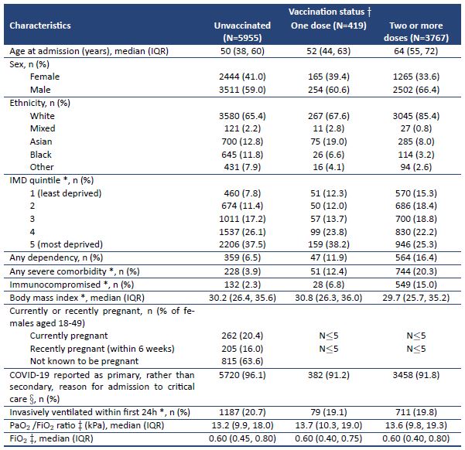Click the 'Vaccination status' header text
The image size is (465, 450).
point(327,12)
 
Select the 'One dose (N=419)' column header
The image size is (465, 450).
point(329,26)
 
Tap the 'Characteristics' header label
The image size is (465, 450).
point(40,26)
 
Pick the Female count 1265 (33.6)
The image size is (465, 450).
point(416,77)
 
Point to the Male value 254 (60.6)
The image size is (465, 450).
point(329,90)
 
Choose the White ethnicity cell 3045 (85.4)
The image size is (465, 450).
point(416,116)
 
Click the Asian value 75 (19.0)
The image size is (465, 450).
point(329,141)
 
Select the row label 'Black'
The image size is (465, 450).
point(41,155)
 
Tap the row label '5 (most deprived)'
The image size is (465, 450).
point(66,244)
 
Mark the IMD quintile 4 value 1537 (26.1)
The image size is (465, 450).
point(242,232)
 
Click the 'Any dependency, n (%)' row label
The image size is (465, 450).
point(56,257)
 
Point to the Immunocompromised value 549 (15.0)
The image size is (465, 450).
point(416,285)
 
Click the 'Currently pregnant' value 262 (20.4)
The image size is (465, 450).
point(242,336)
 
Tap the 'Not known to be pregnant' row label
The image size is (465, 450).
point(84,361)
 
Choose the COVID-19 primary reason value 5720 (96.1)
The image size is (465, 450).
point(242,375)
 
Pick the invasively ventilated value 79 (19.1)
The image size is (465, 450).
point(329,412)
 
